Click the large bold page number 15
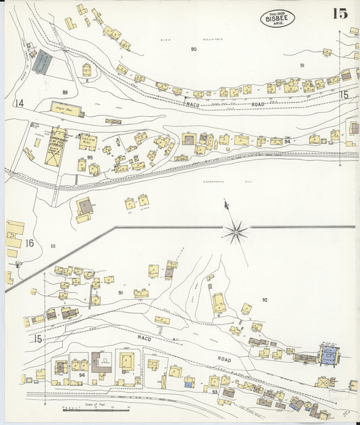pyautogui.click(x=339, y=14)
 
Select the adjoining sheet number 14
pyautogui.click(x=18, y=103)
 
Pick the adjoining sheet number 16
pyautogui.click(x=30, y=243)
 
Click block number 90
pyautogui.click(x=193, y=49)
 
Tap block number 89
pyautogui.click(x=65, y=92)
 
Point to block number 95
pyautogui.click(x=90, y=157)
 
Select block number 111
pyautogui.click(x=52, y=246)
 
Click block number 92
pyautogui.click(x=265, y=299)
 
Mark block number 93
pyautogui.click(x=214, y=392)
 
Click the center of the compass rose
pyautogui.click(x=236, y=232)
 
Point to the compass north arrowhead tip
pyautogui.click(x=225, y=201)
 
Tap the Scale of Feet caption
pyautogui.click(x=87, y=405)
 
